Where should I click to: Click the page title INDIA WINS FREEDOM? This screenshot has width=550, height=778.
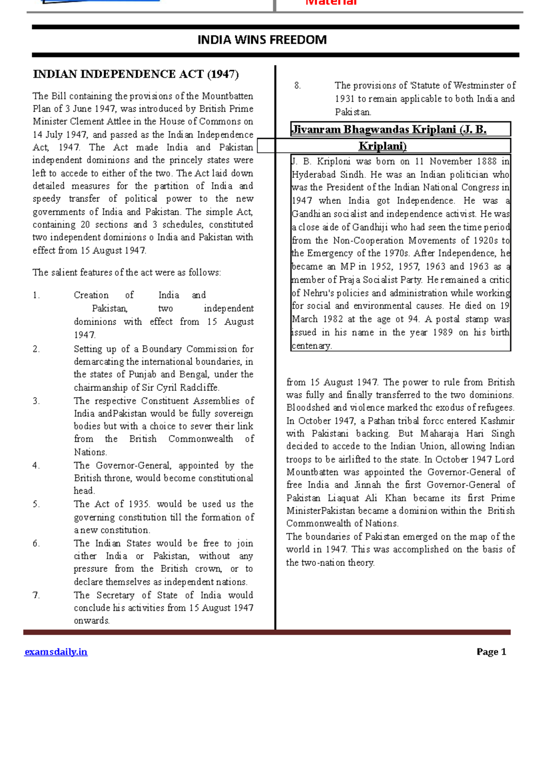pyautogui.click(x=262, y=40)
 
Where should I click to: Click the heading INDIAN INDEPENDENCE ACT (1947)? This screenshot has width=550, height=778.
pyautogui.click(x=136, y=74)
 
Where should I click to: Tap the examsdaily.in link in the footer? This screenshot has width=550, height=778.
pyautogui.click(x=56, y=652)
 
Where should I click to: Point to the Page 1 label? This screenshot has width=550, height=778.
pyautogui.click(x=491, y=652)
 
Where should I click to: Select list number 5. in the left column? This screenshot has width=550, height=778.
pyautogui.click(x=36, y=504)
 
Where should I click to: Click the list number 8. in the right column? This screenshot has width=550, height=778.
pyautogui.click(x=297, y=86)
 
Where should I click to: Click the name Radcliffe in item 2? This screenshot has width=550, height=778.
pyautogui.click(x=199, y=388)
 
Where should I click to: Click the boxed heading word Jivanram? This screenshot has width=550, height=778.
pyautogui.click(x=316, y=129)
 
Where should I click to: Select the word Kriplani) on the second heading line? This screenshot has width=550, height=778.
pyautogui.click(x=382, y=146)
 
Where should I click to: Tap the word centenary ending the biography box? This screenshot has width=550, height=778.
pyautogui.click(x=311, y=346)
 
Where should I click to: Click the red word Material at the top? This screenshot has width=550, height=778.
pyautogui.click(x=331, y=3)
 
